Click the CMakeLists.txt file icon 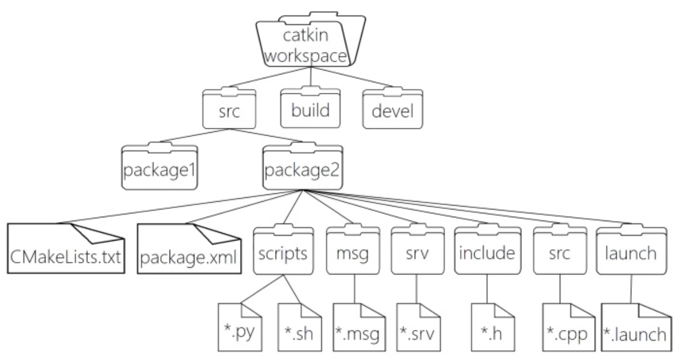pyautogui.click(x=66, y=248)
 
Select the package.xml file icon pyautogui.click(x=189, y=248)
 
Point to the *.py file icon pyautogui.click(x=240, y=327)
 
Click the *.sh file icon pyautogui.click(x=300, y=327)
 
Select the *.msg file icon pyautogui.click(x=359, y=327)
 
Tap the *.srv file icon pyautogui.click(x=419, y=327)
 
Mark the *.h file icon pyautogui.click(x=493, y=327)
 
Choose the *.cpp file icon pyautogui.click(x=569, y=327)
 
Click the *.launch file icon pyautogui.click(x=636, y=327)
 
